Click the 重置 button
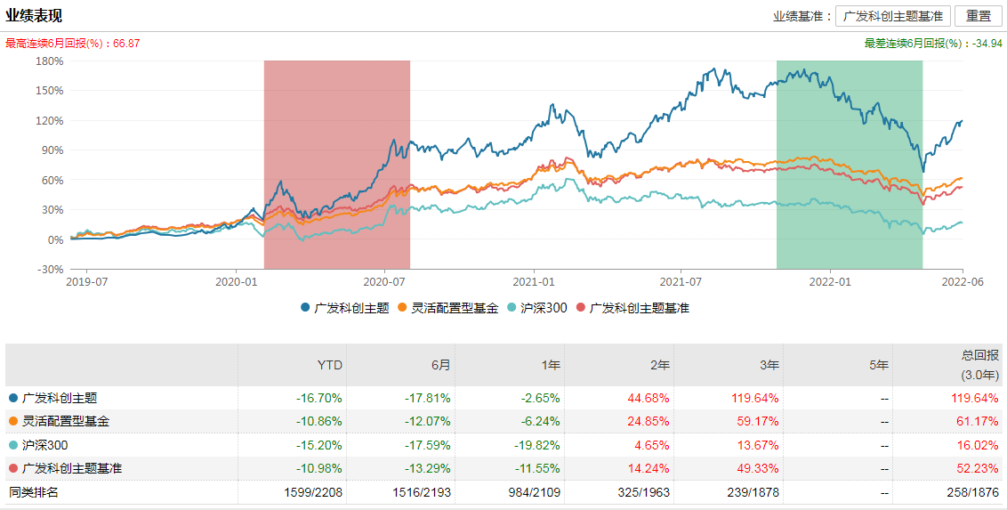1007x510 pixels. [978, 16]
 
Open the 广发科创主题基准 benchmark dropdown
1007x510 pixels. [892, 16]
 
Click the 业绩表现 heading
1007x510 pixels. [34, 16]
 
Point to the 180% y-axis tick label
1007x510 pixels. [49, 61]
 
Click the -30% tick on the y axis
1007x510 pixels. [49, 269]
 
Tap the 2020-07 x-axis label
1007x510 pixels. [383, 281]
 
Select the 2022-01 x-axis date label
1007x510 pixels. [830, 281]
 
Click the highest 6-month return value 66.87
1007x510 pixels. [126, 43]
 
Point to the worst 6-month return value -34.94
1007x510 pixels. [988, 43]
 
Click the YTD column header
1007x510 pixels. [330, 365]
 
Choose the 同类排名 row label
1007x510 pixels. [34, 491]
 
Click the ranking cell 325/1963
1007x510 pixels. [645, 491]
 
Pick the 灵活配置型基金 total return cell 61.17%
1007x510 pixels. [976, 421]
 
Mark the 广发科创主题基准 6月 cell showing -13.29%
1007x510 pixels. [428, 468]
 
